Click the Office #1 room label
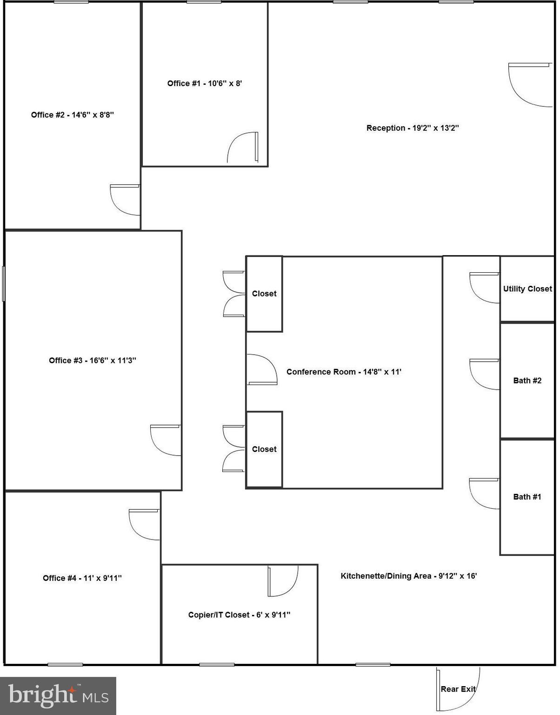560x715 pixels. (x=205, y=83)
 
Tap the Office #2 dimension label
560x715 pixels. (x=73, y=115)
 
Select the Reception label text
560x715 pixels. (x=413, y=128)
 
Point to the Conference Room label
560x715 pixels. (x=344, y=372)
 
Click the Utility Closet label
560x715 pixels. (x=527, y=289)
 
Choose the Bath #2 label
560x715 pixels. (x=527, y=381)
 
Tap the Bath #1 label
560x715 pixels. (x=527, y=497)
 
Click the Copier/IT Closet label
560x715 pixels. (x=239, y=615)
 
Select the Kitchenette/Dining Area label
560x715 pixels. (x=409, y=576)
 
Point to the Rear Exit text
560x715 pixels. (x=458, y=689)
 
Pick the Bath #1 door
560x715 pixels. (x=484, y=493)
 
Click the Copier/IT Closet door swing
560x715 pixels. (x=283, y=581)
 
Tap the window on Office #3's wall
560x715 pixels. (x=4, y=283)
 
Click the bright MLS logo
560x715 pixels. (x=58, y=696)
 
